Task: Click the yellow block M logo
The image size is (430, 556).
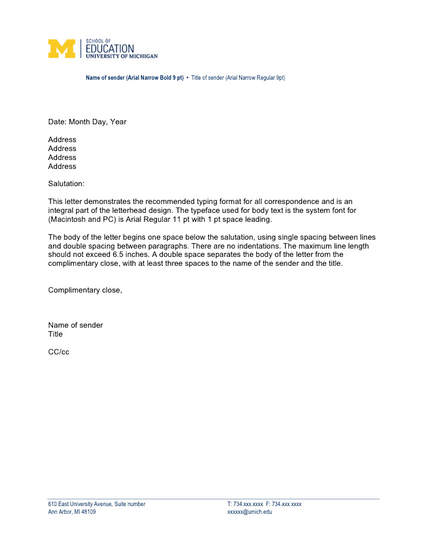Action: (x=62, y=48)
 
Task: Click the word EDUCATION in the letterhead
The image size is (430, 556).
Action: (x=110, y=48)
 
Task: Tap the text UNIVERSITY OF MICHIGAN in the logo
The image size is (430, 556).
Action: (x=122, y=56)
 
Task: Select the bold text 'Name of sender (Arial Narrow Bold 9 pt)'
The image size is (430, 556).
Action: (x=134, y=78)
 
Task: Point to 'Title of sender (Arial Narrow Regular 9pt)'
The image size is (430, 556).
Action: (x=238, y=78)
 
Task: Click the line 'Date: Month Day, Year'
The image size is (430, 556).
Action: (x=87, y=122)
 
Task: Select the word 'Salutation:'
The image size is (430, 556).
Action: (x=66, y=184)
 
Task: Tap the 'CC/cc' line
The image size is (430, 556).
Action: (x=59, y=352)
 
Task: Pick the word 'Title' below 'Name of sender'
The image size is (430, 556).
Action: (x=55, y=334)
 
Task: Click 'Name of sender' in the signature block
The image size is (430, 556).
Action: (x=76, y=325)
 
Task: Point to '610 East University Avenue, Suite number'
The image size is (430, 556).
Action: (x=96, y=504)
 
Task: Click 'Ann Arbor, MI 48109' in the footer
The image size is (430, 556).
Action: (x=71, y=512)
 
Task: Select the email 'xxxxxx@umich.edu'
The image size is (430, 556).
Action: (x=250, y=512)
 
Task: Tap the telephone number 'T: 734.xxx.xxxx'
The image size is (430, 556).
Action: (x=245, y=504)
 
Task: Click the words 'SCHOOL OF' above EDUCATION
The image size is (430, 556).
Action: (x=99, y=40)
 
